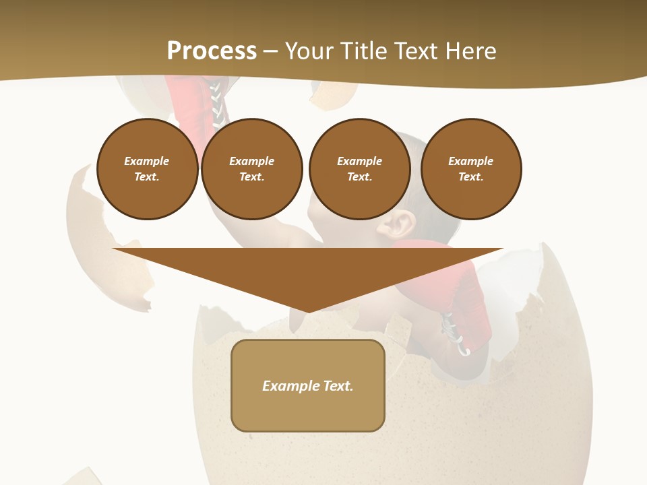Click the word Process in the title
pyautogui.click(x=212, y=51)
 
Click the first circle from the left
pyautogui.click(x=148, y=169)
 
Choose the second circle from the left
pyautogui.click(x=252, y=169)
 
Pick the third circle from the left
pyautogui.click(x=360, y=169)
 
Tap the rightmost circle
pyautogui.click(x=471, y=169)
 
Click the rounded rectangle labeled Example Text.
pyautogui.click(x=308, y=385)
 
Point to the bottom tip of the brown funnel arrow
pyautogui.click(x=308, y=311)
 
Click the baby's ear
pyautogui.click(x=396, y=226)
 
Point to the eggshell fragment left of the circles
pyautogui.click(x=94, y=229)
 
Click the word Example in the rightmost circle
pyautogui.click(x=471, y=161)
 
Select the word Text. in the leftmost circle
pyautogui.click(x=147, y=177)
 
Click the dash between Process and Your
pyautogui.click(x=271, y=51)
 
